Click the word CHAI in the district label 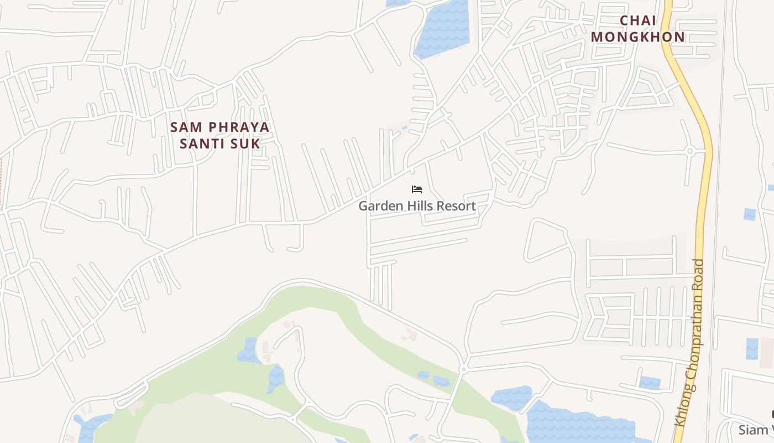[637, 20]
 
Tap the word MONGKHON [637, 37]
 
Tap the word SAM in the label [183, 127]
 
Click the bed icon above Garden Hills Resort [417, 190]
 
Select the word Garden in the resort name [379, 206]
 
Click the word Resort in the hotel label [456, 206]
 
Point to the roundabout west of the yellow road [689, 151]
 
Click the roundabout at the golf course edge [463, 369]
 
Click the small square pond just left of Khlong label [650, 383]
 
